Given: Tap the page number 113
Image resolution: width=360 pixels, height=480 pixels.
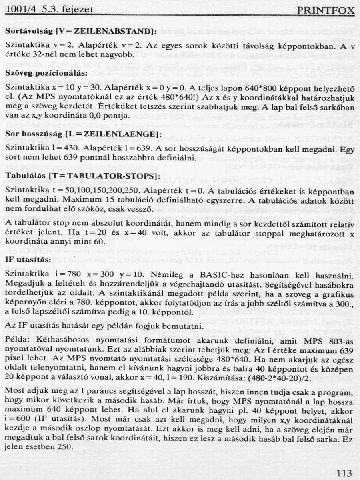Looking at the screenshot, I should (x=344, y=474).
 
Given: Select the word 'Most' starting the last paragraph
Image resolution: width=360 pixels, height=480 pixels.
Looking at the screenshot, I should (x=15, y=390).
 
